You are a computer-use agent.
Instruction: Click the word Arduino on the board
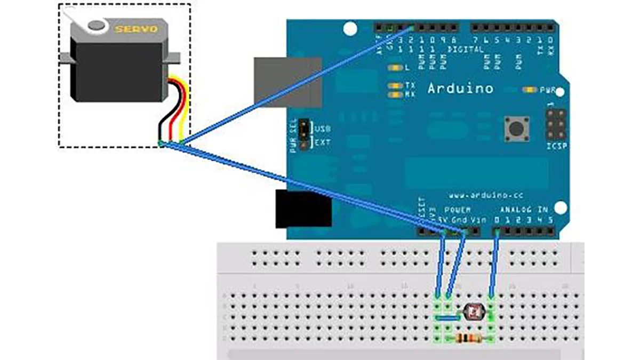pos(460,89)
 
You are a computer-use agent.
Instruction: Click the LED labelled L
pos(395,69)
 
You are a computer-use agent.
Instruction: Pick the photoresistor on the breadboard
pos(473,310)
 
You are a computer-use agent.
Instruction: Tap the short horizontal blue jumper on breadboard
pos(447,317)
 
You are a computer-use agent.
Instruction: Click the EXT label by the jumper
pos(322,142)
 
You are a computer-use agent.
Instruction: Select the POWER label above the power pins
pos(457,210)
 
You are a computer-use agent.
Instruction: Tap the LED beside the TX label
pos(395,85)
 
